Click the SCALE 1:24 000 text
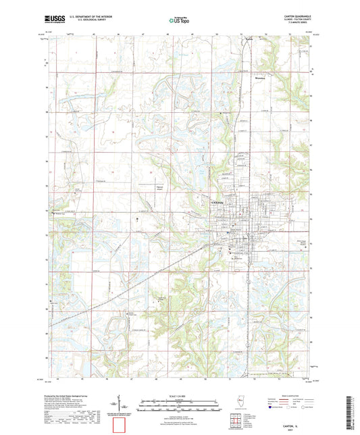coord(180,395)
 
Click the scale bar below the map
coord(180,404)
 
